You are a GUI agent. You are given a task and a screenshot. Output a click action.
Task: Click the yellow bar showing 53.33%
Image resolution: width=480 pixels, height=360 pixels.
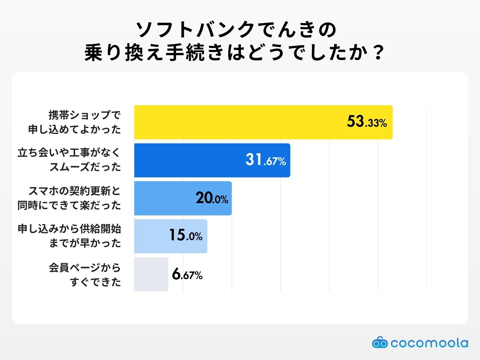coord(240,122)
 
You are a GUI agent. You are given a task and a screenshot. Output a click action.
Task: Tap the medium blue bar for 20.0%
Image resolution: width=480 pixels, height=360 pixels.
coord(165,198)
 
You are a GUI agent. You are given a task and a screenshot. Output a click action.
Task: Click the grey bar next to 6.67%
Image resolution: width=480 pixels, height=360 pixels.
coord(151,274)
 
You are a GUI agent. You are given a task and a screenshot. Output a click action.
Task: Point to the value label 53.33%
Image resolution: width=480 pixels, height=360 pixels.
coord(367,122)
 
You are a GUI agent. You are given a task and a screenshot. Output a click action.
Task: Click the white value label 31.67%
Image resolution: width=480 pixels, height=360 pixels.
coord(265,160)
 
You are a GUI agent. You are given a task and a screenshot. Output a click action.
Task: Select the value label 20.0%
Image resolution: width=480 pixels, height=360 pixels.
coord(212,198)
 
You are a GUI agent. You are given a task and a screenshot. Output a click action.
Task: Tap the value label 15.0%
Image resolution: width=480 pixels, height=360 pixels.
coord(186,235)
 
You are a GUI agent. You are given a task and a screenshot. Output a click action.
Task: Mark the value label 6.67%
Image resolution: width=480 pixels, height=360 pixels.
coord(187,274)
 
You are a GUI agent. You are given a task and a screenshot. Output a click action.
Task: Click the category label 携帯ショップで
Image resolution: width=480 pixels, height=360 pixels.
coord(85,115)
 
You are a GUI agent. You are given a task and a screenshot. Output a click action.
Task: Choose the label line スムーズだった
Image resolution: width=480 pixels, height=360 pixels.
coord(85,167)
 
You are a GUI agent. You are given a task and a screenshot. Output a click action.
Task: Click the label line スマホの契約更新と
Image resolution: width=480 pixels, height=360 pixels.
coord(74,191)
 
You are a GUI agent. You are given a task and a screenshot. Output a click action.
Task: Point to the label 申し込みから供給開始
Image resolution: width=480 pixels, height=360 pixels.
coord(69,229)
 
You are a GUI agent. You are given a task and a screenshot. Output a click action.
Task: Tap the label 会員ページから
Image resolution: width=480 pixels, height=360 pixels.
coord(85,267)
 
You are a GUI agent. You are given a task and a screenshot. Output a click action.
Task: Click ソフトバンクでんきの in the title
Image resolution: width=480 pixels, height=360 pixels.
coord(236,30)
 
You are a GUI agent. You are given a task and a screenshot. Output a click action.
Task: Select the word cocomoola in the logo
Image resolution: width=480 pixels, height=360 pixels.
coord(429,343)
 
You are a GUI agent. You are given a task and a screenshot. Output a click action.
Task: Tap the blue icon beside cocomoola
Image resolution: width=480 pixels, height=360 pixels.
coord(380,343)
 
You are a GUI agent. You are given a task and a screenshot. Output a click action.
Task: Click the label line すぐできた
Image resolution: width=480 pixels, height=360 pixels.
coord(95,282)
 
